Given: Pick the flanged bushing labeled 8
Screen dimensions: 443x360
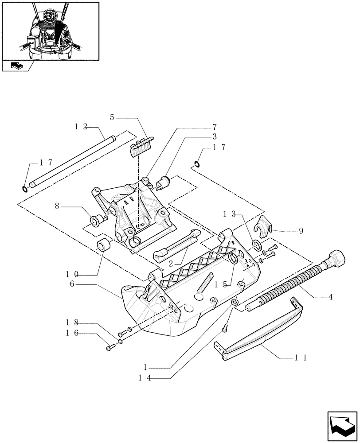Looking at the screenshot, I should (96, 220).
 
